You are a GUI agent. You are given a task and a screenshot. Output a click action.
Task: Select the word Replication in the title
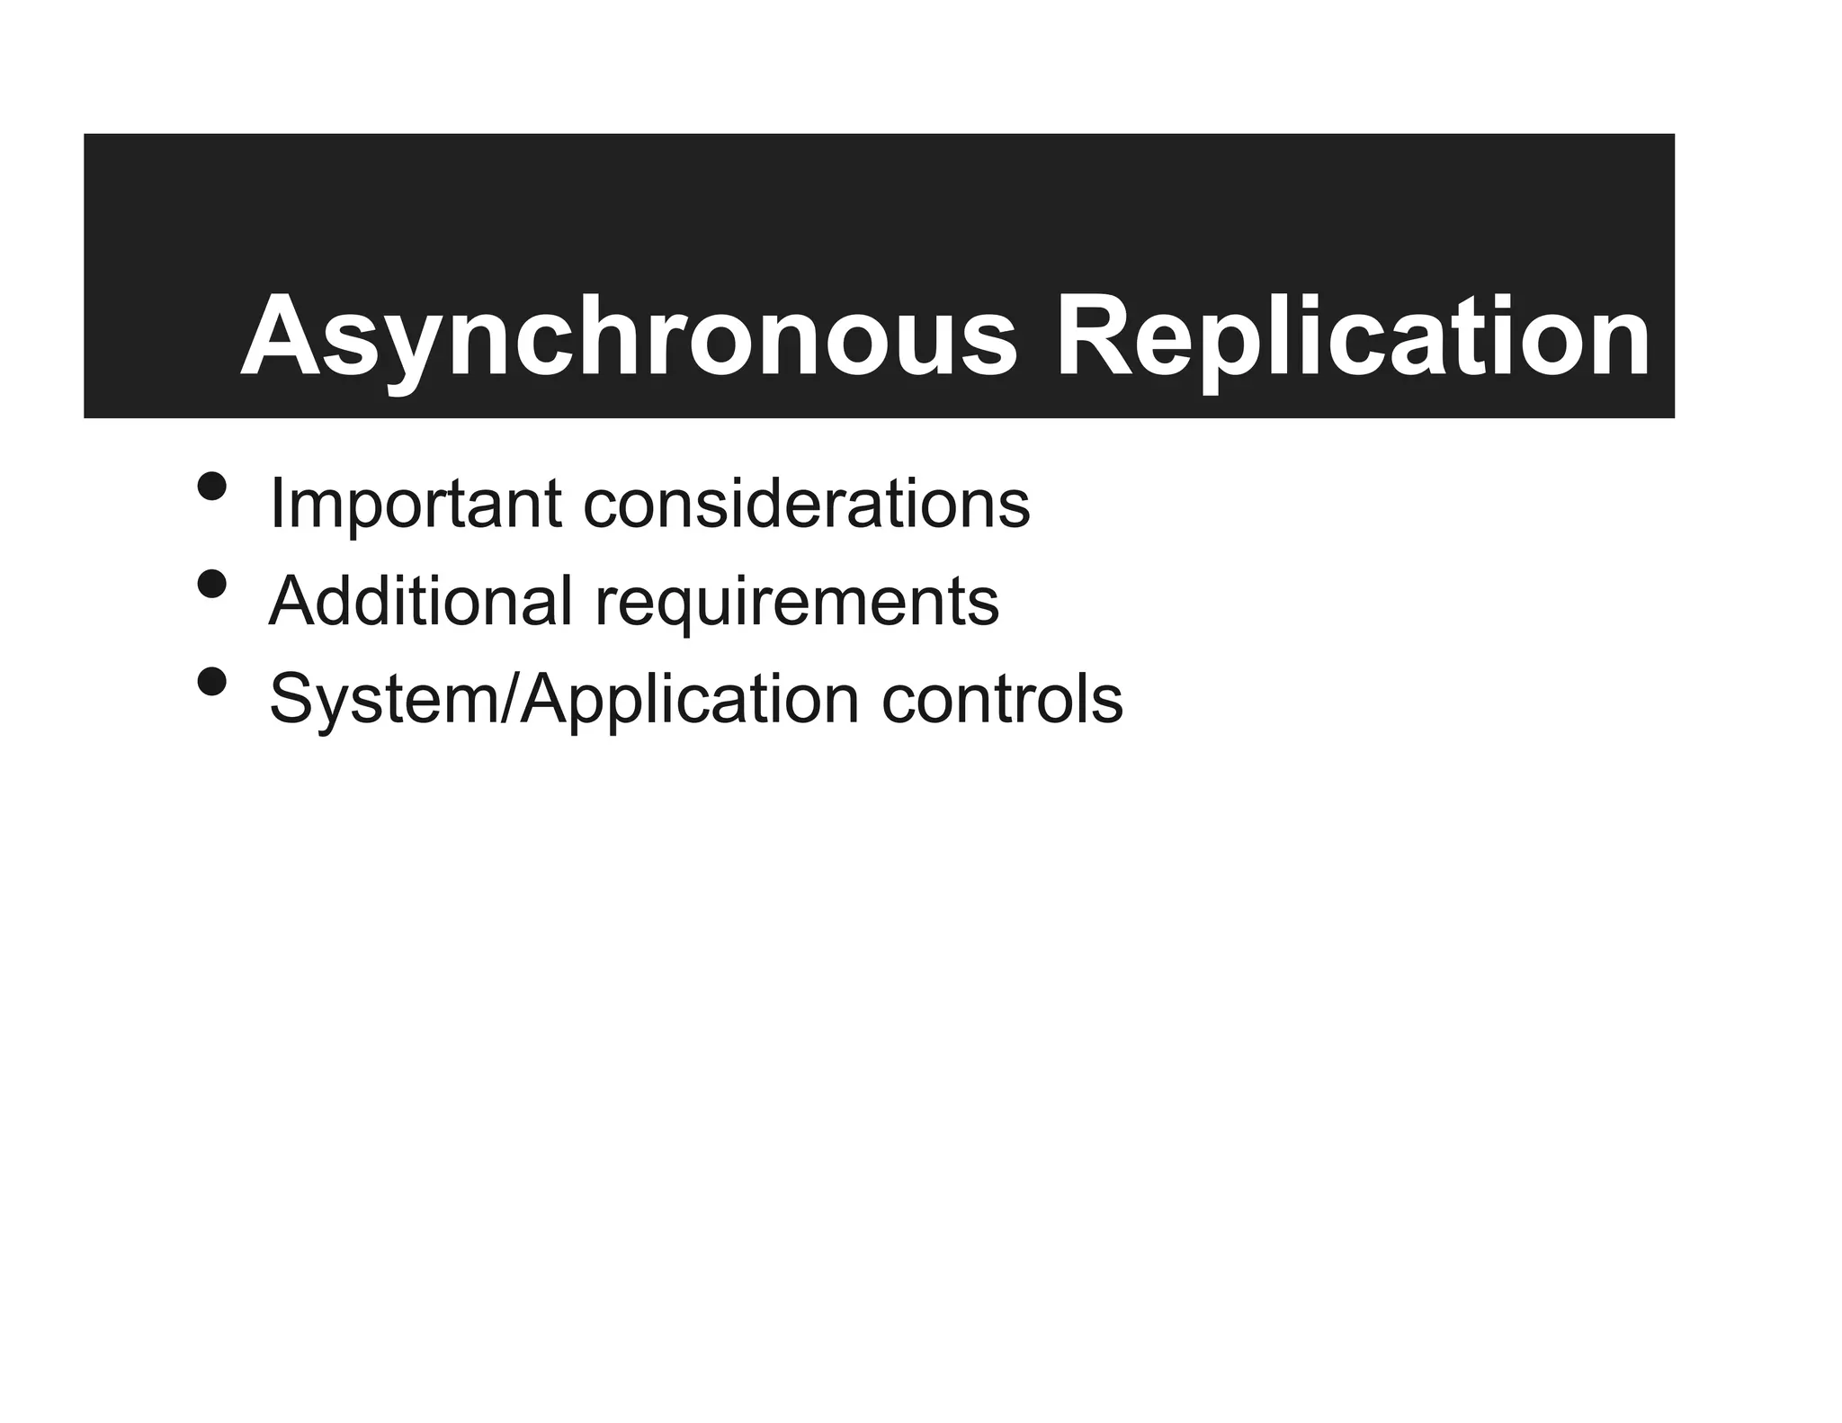click(1353, 337)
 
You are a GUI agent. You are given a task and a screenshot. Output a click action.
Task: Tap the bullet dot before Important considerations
click(211, 487)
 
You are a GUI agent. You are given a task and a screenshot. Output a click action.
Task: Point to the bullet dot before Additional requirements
click(211, 585)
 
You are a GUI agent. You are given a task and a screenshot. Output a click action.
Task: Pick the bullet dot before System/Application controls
click(211, 683)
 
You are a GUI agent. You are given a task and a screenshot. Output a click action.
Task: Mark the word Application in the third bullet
click(690, 700)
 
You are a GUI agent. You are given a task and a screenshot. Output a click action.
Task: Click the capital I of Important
click(276, 504)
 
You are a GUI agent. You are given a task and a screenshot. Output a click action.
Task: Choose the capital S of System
click(292, 699)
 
